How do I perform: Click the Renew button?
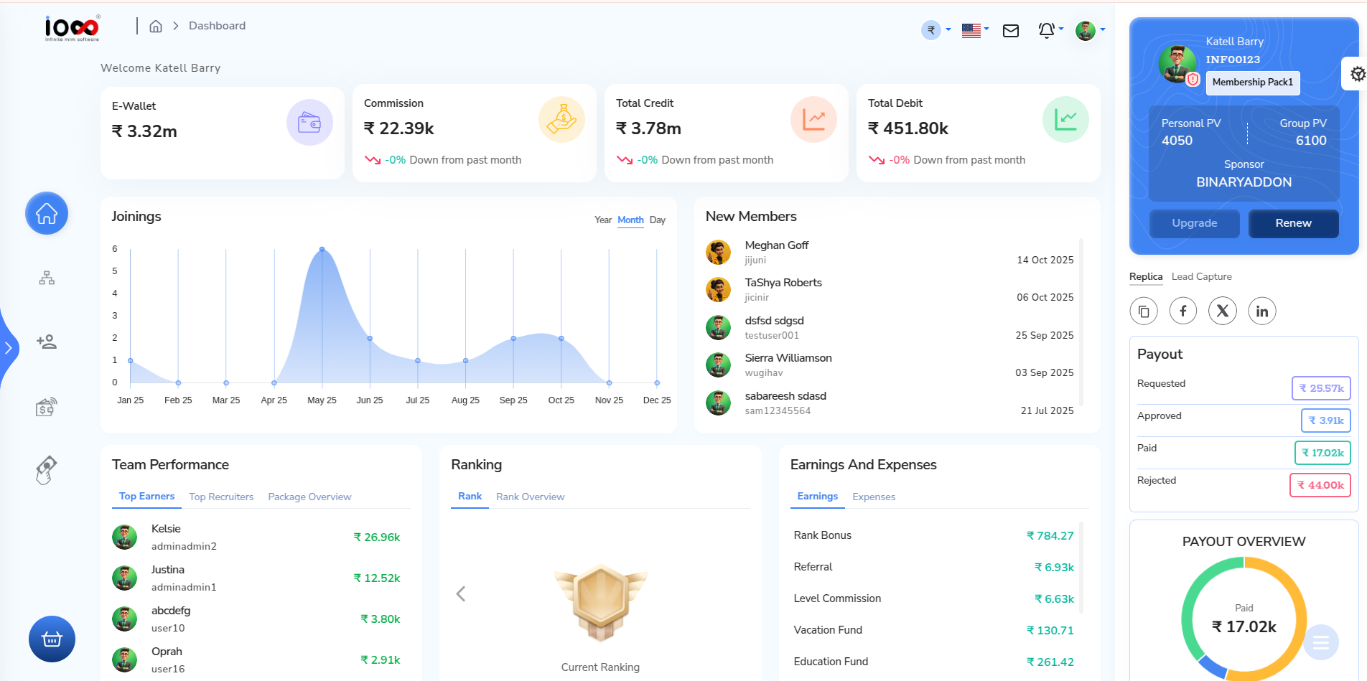(1293, 223)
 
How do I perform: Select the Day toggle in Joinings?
(657, 220)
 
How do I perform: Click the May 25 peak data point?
(322, 249)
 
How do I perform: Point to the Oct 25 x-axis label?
(561, 400)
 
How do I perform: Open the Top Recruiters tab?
(221, 497)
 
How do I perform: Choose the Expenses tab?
(873, 497)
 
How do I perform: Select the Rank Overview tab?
(530, 497)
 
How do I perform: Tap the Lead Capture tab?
(1201, 276)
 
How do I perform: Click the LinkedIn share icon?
(1261, 311)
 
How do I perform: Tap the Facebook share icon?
(1182, 311)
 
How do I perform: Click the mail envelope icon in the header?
(1010, 31)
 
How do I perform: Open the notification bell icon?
(1046, 30)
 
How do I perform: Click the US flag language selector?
(971, 30)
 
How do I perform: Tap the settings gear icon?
(1357, 74)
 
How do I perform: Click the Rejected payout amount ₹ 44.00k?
(1320, 485)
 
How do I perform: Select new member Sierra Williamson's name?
(788, 358)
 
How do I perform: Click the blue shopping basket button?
(52, 639)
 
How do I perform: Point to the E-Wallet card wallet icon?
(309, 123)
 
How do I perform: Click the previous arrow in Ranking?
(461, 594)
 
